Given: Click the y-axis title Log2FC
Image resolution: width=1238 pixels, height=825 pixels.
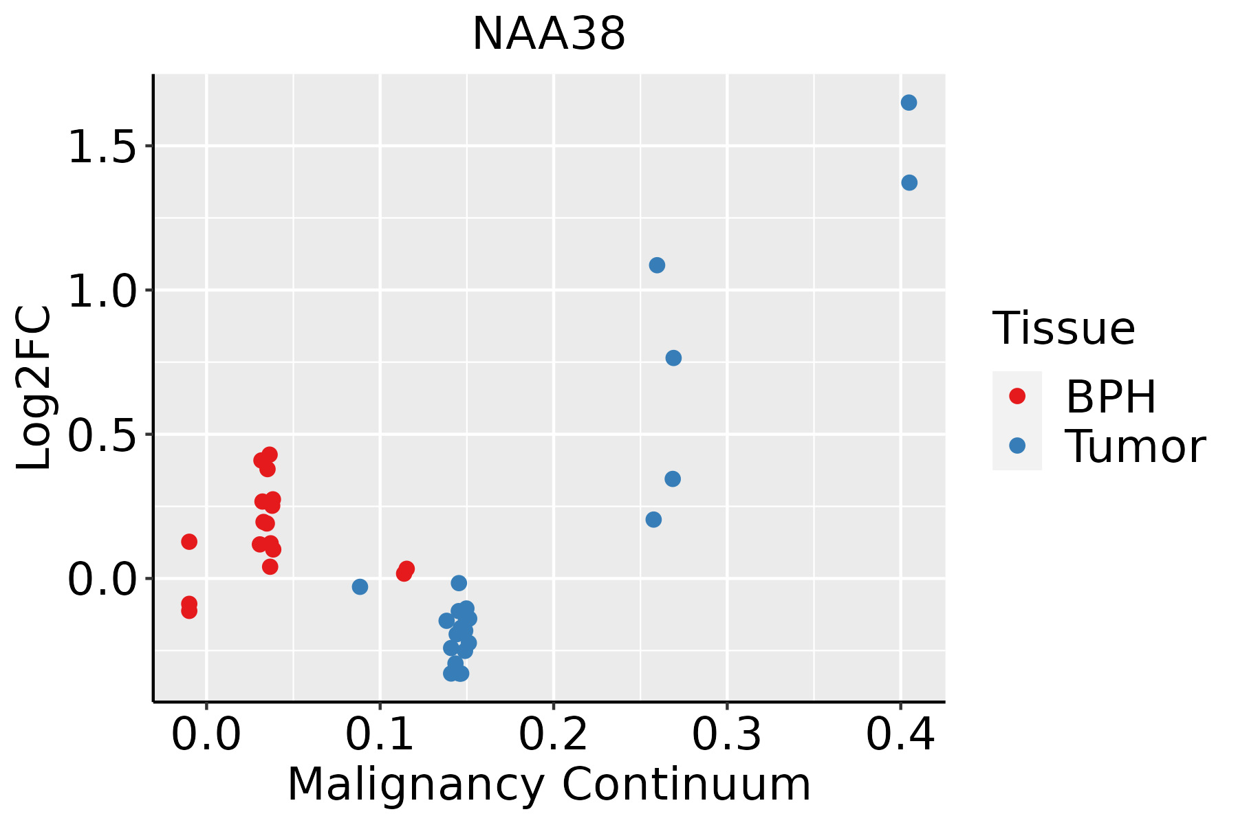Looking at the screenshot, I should [34, 388].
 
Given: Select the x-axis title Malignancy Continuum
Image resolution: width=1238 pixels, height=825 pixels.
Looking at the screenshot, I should [549, 784].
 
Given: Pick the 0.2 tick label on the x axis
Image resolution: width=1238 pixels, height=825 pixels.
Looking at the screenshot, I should [553, 735].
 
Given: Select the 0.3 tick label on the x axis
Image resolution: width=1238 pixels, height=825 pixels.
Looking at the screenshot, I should [726, 735].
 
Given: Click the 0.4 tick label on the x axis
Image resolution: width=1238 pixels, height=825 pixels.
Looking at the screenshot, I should [900, 735].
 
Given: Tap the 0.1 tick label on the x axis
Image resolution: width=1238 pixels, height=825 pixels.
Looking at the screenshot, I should [380, 735].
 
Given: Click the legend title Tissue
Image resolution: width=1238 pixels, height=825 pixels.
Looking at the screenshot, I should [1063, 329].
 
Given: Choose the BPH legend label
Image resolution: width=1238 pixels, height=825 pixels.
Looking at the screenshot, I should [1111, 397].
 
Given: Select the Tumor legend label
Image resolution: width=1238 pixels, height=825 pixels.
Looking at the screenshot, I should [1135, 447].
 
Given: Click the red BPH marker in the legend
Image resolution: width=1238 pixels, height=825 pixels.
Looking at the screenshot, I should [1017, 396].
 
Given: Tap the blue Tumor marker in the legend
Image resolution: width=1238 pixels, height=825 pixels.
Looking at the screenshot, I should [1017, 445].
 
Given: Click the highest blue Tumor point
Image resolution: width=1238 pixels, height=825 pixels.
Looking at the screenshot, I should [909, 102].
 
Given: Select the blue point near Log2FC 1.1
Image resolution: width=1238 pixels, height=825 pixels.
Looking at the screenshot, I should [657, 265].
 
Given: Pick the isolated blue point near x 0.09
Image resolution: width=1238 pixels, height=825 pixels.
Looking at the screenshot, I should [360, 586].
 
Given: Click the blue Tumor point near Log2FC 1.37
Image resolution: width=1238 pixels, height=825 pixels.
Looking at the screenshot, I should [909, 183].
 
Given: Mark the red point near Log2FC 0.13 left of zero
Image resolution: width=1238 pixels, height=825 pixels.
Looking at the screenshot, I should [189, 542].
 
